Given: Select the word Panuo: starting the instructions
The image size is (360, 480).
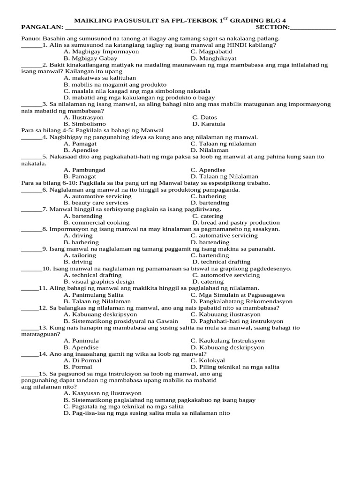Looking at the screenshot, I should [x=31, y=38].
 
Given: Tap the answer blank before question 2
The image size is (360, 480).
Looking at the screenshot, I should [x=31, y=65].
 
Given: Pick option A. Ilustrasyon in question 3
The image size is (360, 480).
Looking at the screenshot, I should [x=84, y=117].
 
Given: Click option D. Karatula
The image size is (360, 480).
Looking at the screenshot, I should [x=209, y=124].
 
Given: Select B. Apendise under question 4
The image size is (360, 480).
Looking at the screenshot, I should [x=81, y=150].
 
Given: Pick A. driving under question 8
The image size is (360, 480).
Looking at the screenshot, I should [x=78, y=235].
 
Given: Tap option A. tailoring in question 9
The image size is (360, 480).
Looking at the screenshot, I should [x=80, y=255].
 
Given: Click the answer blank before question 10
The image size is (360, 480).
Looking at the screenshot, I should [x=31, y=268].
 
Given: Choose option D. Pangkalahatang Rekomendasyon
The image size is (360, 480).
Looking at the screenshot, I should [x=241, y=301].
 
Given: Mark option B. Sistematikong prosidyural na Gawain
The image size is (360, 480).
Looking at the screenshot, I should [x=121, y=321].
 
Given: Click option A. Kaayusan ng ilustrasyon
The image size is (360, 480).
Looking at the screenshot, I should [x=103, y=393].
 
